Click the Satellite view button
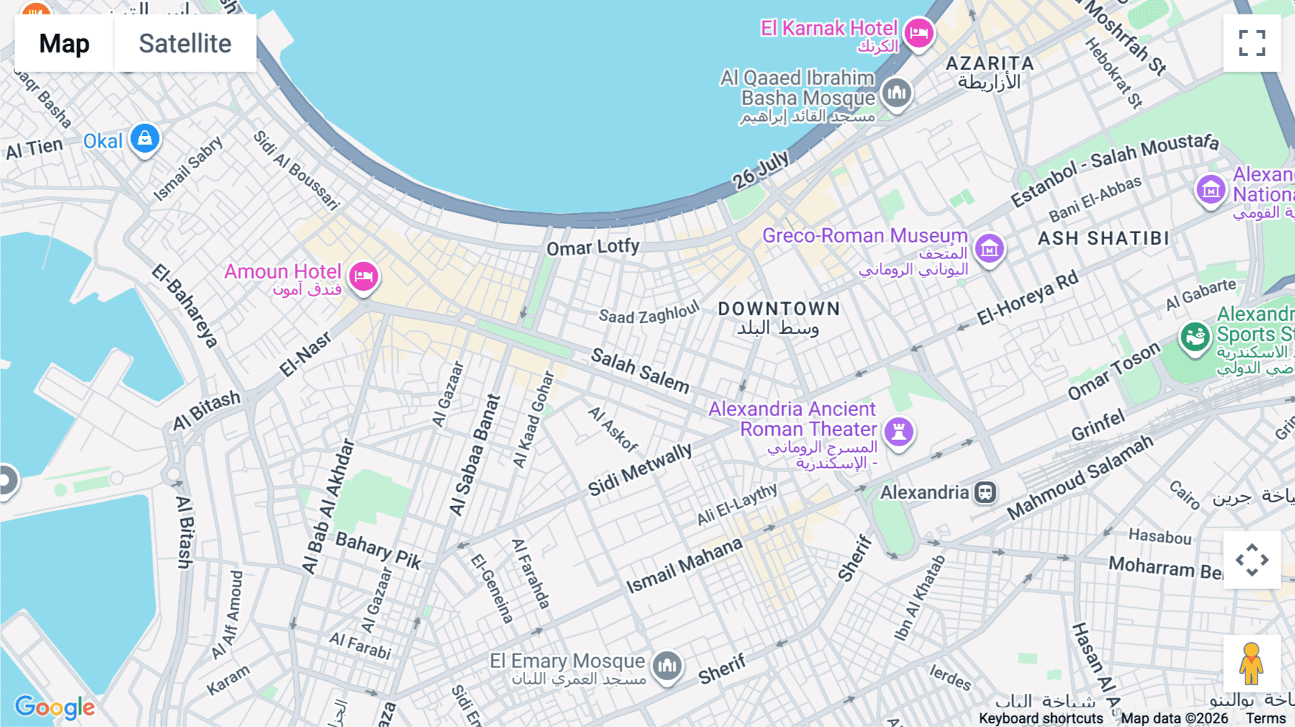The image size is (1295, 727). (185, 43)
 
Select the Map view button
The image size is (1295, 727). (64, 43)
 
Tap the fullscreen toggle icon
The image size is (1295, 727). (1252, 43)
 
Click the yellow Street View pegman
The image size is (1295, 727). (1251, 663)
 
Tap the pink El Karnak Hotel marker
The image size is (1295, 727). (919, 33)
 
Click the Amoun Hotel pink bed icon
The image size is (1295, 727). (364, 276)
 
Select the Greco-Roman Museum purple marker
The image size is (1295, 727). (989, 249)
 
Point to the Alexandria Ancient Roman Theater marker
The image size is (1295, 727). (899, 432)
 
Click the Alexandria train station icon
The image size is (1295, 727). (985, 492)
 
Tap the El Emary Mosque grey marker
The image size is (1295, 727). (667, 666)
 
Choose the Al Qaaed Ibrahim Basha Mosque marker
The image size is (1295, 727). (896, 93)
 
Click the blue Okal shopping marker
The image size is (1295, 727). (145, 138)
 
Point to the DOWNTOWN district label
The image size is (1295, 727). (779, 309)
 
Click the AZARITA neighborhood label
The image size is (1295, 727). (990, 63)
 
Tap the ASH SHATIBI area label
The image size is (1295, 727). (1104, 238)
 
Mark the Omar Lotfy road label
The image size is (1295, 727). (592, 247)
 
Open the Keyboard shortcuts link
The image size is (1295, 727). (1040, 718)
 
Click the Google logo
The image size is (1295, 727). (55, 707)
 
